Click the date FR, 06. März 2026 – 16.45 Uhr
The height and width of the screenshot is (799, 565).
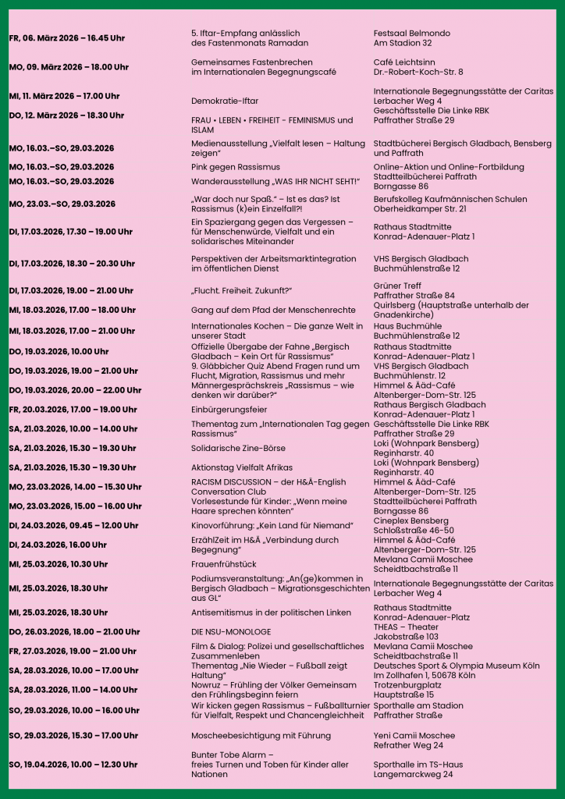[x=66, y=38]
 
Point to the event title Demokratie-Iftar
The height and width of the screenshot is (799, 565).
[x=225, y=101]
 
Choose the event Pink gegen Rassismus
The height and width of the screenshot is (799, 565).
[x=235, y=167]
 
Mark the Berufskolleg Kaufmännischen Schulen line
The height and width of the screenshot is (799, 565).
[x=450, y=200]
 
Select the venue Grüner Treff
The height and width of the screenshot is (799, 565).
[x=397, y=286]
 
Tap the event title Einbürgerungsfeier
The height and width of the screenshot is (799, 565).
[x=229, y=410]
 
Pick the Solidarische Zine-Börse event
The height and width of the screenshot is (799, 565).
[x=238, y=448]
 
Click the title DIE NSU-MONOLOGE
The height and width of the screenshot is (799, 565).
[x=231, y=631]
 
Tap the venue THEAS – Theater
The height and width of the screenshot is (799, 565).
[x=406, y=627]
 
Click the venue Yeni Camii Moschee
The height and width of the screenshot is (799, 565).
[x=414, y=735]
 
